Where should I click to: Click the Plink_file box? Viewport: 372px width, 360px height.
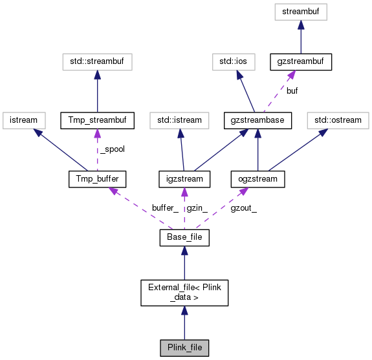[x=184, y=347]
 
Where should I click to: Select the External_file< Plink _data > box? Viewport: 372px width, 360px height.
[x=184, y=293]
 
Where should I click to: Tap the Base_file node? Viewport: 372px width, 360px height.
[x=184, y=238]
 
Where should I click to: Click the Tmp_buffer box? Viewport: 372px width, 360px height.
[x=97, y=178]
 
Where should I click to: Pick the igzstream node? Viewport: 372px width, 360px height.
[x=184, y=178]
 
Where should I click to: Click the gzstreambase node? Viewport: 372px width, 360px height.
[x=258, y=120]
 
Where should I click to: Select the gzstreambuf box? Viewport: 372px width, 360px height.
[x=301, y=62]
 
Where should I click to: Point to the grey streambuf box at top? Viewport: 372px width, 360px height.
[x=301, y=11]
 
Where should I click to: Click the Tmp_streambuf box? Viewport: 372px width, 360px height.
[x=97, y=120]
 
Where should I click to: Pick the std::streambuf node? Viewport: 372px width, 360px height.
[x=97, y=62]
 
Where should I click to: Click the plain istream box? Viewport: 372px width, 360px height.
[x=24, y=120]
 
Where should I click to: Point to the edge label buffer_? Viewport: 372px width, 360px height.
[x=164, y=208]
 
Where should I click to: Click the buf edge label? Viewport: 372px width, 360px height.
[x=292, y=91]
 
